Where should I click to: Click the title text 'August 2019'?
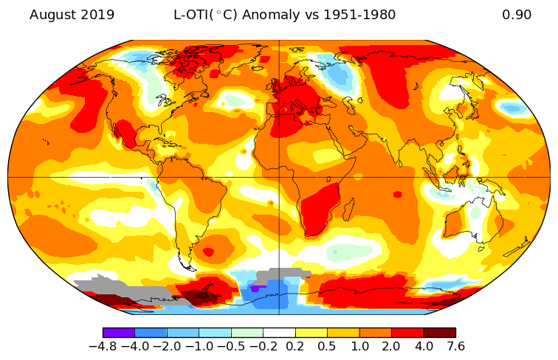coord(72,15)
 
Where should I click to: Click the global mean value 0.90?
coord(517,15)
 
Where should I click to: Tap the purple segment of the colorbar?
coord(119,333)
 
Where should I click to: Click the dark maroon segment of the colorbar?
coord(439,333)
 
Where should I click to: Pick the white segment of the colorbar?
coord(279,333)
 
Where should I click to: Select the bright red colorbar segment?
coord(407,333)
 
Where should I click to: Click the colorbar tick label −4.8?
coord(103,345)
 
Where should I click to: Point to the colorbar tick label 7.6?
coord(455,345)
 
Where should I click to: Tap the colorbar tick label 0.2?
coord(295,345)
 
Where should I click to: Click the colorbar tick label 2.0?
coord(391,345)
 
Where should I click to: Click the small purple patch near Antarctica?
coord(255,288)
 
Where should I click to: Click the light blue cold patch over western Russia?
coord(339,75)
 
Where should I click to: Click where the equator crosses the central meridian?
coord(279,177)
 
